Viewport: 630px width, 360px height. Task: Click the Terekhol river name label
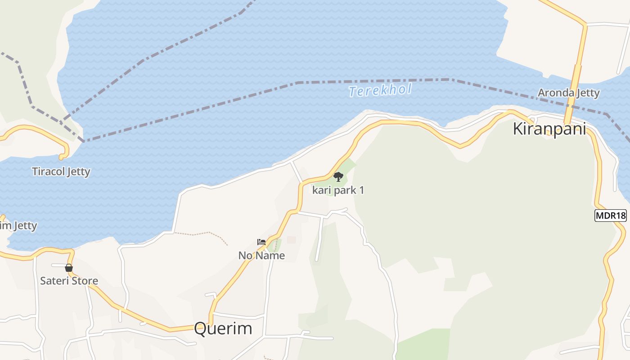click(x=380, y=90)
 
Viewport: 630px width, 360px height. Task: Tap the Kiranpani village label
click(x=549, y=129)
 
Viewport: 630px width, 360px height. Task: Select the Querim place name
click(x=223, y=328)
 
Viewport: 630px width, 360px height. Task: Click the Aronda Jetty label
click(x=569, y=93)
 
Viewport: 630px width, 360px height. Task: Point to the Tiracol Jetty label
click(x=61, y=171)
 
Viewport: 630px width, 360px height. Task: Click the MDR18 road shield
click(x=610, y=216)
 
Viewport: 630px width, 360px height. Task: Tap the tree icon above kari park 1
click(x=338, y=177)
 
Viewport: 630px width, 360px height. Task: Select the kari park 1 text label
click(x=338, y=190)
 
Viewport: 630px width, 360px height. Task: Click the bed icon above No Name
click(x=261, y=242)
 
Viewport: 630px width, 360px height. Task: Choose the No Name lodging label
click(x=261, y=256)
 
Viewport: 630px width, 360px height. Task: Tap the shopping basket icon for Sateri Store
click(x=69, y=268)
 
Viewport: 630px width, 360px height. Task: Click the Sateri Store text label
click(x=69, y=281)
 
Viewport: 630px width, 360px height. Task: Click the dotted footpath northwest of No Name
click(x=202, y=234)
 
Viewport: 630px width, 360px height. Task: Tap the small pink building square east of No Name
click(x=291, y=240)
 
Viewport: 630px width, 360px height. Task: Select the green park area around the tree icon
click(x=346, y=169)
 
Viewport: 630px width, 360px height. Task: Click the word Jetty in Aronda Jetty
click(x=587, y=93)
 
